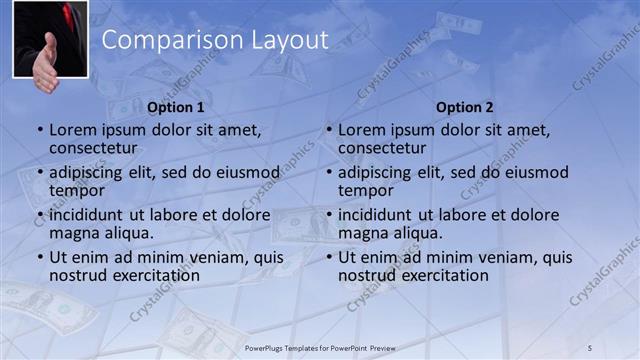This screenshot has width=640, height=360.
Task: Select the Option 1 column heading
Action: (x=176, y=107)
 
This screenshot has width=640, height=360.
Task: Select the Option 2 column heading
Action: (x=465, y=107)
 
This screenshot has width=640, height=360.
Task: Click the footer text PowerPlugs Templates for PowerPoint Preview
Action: (x=320, y=347)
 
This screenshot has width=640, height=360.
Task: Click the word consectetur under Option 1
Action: (x=92, y=148)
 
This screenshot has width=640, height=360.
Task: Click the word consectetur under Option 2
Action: (x=381, y=148)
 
